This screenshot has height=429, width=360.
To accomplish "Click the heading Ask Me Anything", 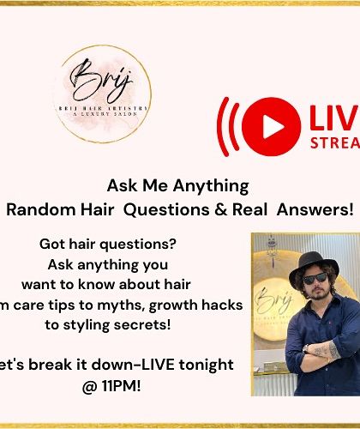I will coord(177,185).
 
